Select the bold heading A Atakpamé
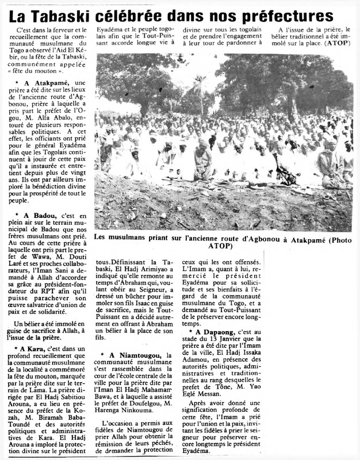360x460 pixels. pos(48,83)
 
